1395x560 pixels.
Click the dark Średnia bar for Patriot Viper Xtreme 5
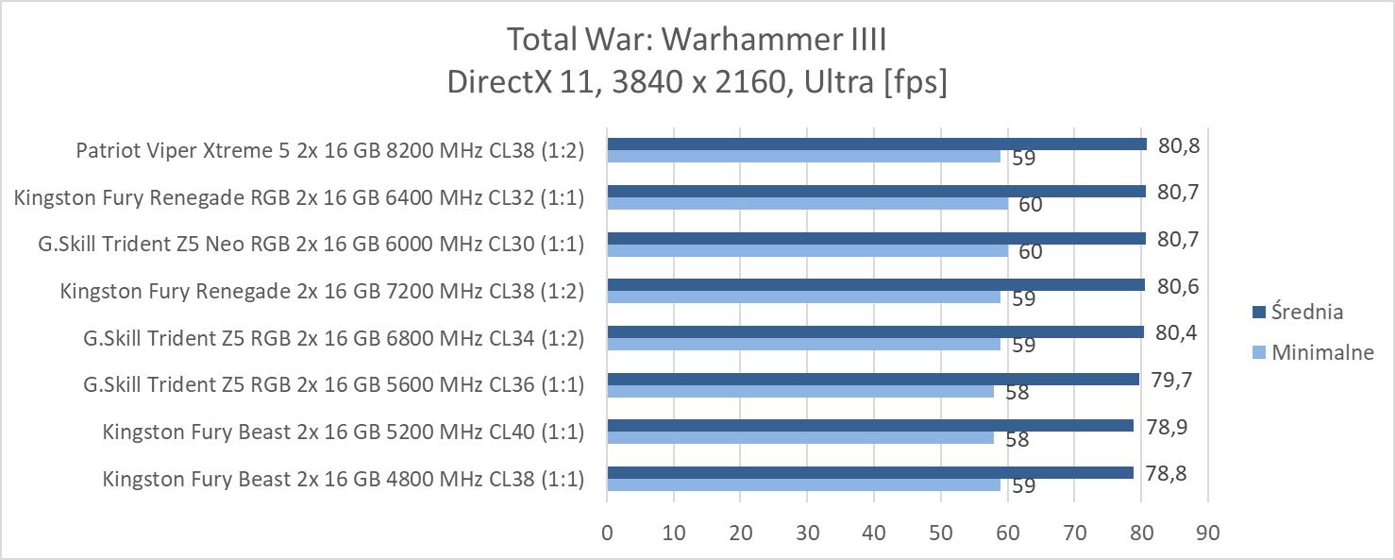(876, 144)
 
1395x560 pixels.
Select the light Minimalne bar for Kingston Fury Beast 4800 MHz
(802, 485)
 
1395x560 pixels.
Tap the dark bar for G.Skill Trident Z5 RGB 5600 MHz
(872, 379)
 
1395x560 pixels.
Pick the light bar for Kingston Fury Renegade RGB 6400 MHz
(807, 204)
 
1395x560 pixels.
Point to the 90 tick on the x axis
(1207, 533)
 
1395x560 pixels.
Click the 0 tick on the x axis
(607, 533)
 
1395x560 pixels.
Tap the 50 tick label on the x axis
(940, 533)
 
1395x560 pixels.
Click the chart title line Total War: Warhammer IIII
(697, 40)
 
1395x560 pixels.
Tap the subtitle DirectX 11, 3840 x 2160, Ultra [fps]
(697, 82)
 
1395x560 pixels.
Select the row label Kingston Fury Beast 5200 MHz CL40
(344, 433)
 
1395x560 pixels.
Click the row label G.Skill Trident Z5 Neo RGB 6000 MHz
(311, 245)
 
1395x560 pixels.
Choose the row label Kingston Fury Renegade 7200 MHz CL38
(322, 291)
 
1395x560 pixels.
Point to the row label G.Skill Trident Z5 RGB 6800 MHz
(333, 338)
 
